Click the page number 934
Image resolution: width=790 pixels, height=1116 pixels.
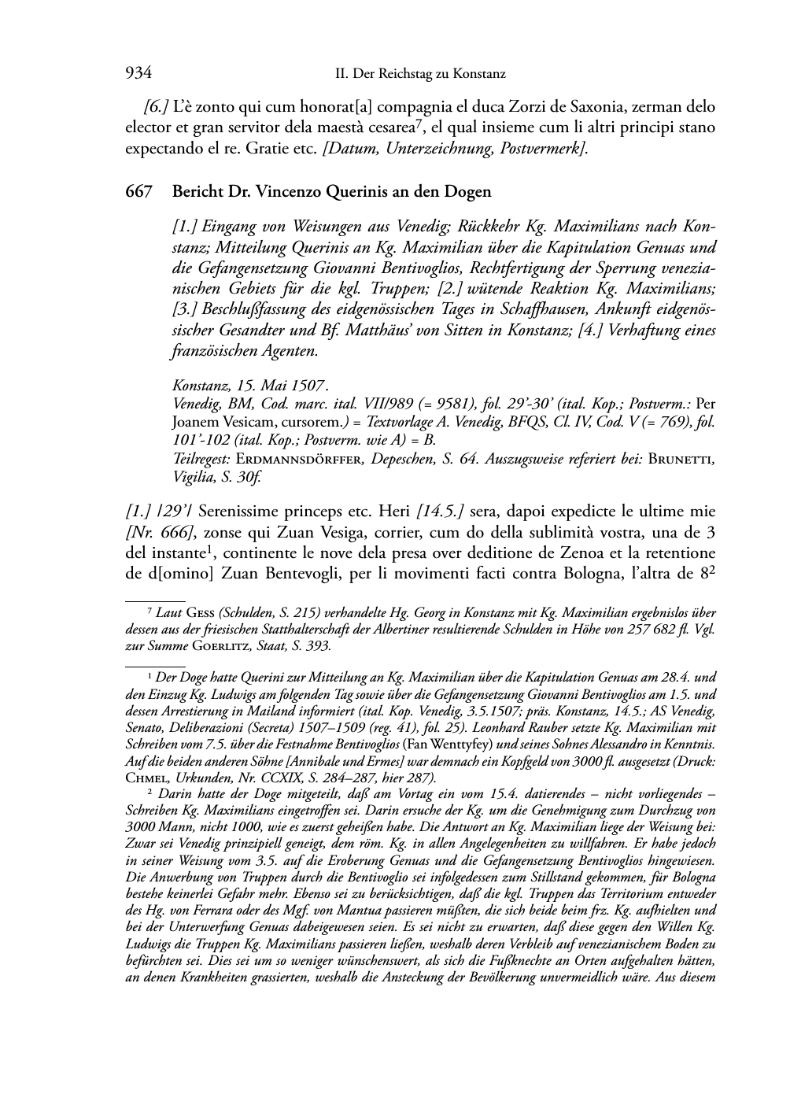tap(138, 74)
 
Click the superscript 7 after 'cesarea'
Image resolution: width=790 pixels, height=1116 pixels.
tap(423, 123)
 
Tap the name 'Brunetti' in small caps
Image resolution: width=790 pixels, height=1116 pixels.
tap(681, 460)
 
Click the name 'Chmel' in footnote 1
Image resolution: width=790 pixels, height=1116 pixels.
tap(147, 778)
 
